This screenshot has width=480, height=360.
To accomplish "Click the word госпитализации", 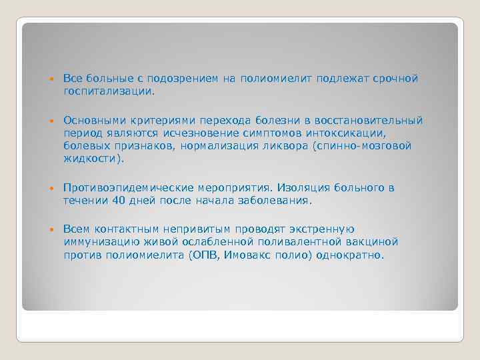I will coord(109,92).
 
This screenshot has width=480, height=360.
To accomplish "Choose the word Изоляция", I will coord(305,188).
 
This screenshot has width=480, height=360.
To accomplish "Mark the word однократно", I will coord(351,255).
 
